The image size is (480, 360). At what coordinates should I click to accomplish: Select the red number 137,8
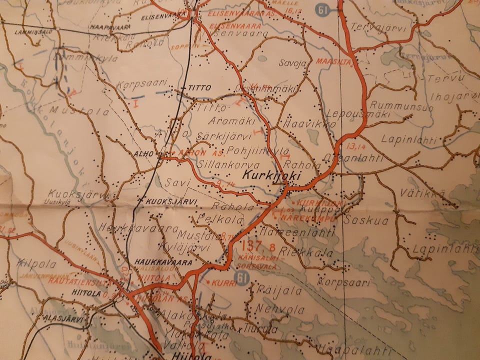(x=259, y=246)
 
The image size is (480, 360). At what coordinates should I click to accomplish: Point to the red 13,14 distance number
(x=355, y=147)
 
